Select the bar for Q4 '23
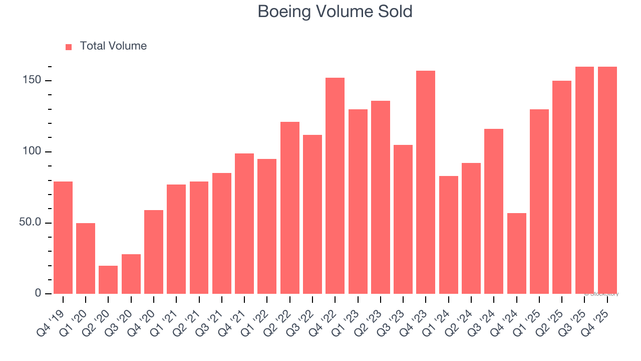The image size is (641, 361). [426, 183]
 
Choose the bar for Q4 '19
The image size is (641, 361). [63, 238]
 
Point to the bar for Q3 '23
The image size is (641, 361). [403, 219]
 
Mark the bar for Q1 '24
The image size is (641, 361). [448, 235]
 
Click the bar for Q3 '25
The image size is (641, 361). [584, 180]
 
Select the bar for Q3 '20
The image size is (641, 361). [131, 274]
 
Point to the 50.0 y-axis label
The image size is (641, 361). [30, 223]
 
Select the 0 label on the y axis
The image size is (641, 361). [38, 293]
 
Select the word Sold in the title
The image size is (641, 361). [396, 12]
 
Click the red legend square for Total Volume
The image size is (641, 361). [69, 47]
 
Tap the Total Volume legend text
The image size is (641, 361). [113, 46]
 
